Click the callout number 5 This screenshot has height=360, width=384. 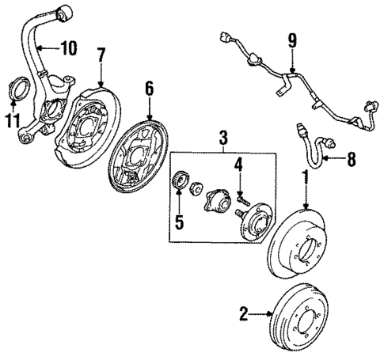[179, 222]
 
